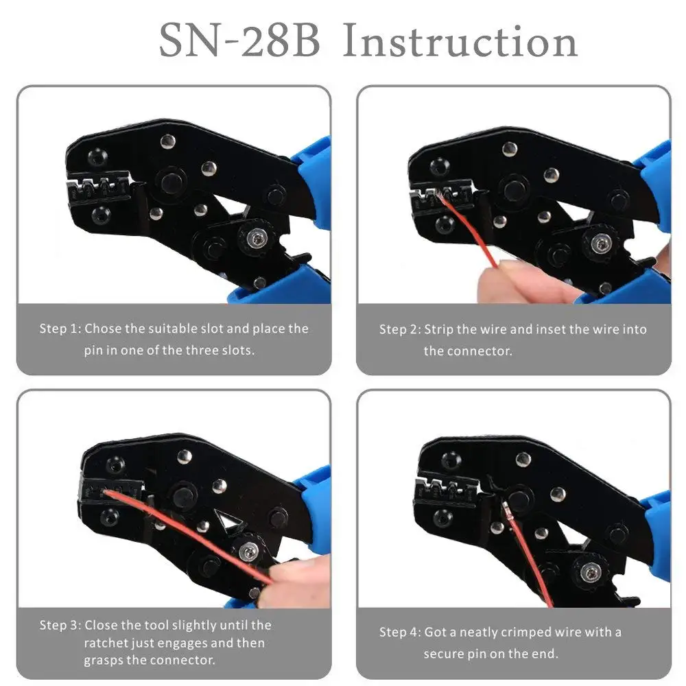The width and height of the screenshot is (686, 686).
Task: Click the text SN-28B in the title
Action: pyautogui.click(x=239, y=42)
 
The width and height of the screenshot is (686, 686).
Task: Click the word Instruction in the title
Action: pyautogui.click(x=460, y=42)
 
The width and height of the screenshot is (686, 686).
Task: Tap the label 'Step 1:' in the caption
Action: pyautogui.click(x=60, y=329)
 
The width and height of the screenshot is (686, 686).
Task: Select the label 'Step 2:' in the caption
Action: pyautogui.click(x=400, y=329)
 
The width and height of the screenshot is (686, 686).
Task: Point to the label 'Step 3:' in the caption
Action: pyautogui.click(x=60, y=625)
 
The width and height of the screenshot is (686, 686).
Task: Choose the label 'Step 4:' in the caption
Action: pyautogui.click(x=400, y=632)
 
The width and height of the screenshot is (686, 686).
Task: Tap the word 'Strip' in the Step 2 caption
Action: pyautogui.click(x=439, y=329)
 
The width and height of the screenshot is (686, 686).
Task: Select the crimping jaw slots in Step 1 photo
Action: pyautogui.click(x=96, y=187)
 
